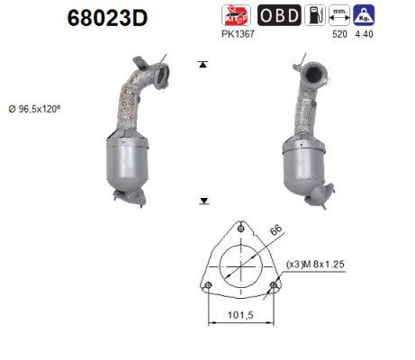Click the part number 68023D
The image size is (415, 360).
[107, 17]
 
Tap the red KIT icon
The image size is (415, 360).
[236, 15]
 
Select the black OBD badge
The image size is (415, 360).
[279, 15]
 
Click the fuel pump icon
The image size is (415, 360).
[315, 15]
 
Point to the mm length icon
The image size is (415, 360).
[339, 15]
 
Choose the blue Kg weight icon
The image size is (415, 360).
[364, 15]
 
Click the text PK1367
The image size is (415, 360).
[238, 34]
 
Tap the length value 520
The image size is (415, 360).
[339, 34]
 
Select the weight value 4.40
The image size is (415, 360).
[364, 34]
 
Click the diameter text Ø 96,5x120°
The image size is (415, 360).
[34, 109]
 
